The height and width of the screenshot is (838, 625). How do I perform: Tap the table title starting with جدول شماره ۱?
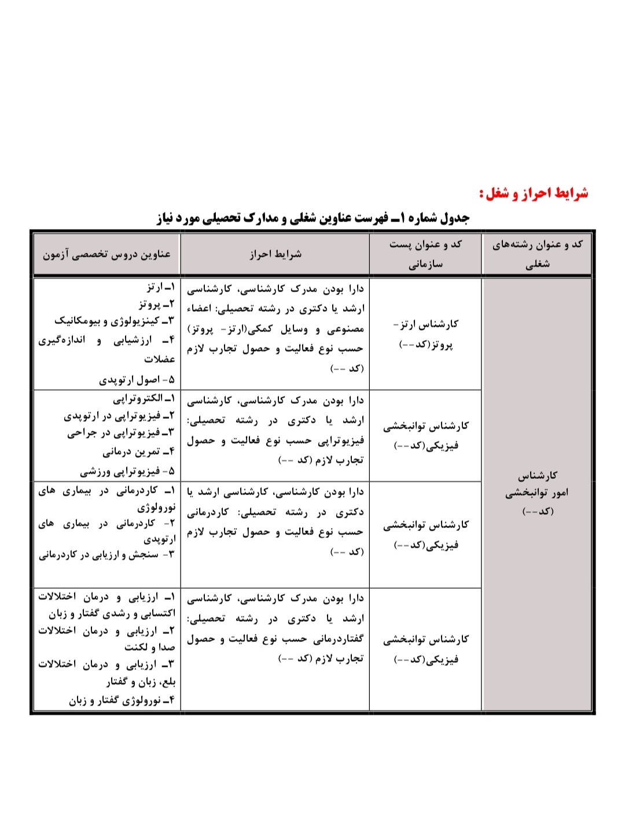(313, 218)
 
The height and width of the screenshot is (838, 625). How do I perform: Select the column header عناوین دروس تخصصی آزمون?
(106, 254)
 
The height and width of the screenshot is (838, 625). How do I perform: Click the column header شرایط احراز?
(275, 254)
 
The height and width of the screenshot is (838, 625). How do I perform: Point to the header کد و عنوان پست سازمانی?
(425, 254)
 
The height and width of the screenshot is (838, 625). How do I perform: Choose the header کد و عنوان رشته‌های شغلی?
(537, 254)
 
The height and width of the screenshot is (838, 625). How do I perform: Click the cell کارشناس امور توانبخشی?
(537, 492)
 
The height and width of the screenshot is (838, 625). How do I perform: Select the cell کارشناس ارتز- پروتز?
(425, 334)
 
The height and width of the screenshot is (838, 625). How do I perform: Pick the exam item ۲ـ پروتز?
(156, 304)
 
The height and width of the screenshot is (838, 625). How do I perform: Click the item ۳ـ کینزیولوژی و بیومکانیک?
(114, 320)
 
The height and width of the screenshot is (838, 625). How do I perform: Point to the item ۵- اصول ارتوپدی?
(137, 380)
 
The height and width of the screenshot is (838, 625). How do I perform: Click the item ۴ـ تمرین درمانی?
(138, 452)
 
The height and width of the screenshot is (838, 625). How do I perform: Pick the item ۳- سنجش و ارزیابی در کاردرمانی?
(106, 555)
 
